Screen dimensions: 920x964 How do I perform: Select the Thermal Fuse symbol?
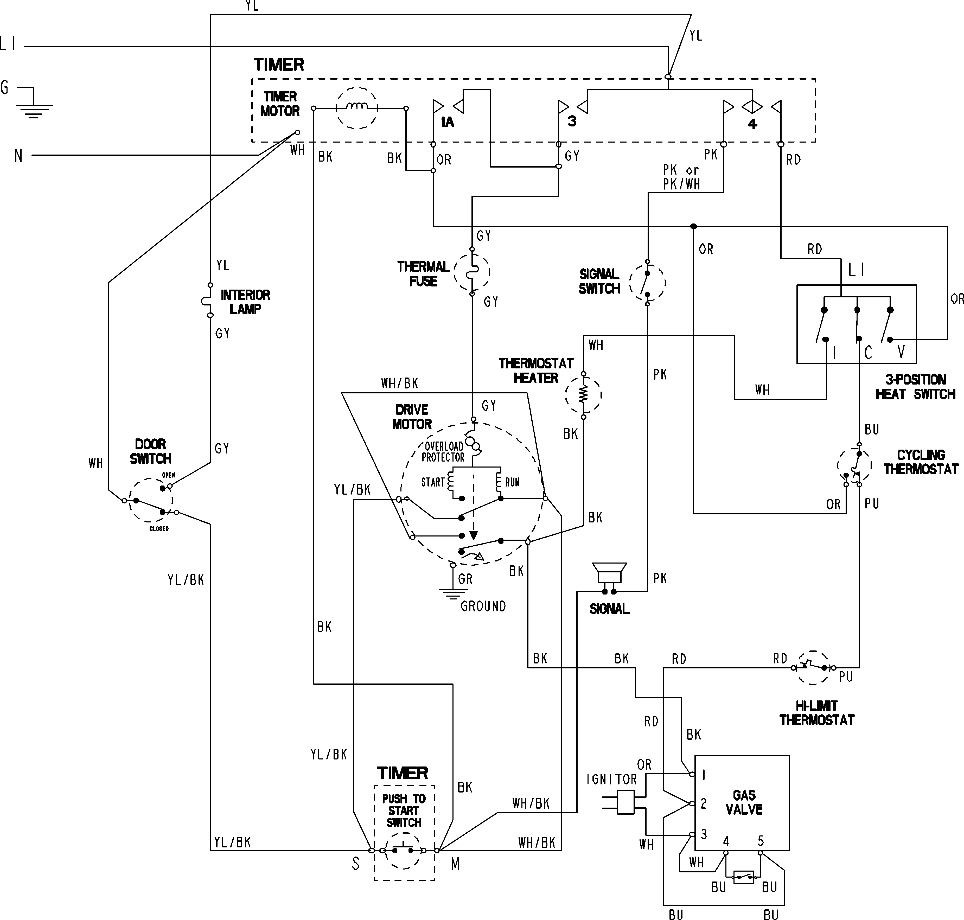click(472, 272)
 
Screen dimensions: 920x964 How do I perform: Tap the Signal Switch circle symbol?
click(647, 283)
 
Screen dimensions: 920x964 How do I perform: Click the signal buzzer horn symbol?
click(609, 573)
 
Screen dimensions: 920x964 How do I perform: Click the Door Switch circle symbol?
click(151, 500)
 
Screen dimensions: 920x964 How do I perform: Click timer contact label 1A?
click(447, 122)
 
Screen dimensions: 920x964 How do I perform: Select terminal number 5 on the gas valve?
click(760, 841)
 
